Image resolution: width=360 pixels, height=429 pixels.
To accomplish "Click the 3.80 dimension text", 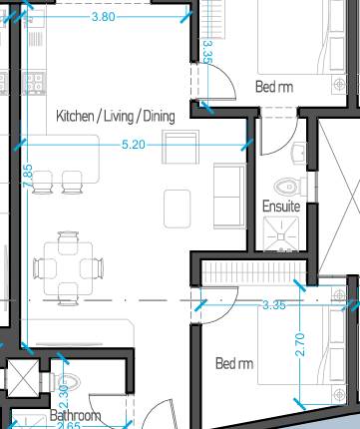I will pos(103,17).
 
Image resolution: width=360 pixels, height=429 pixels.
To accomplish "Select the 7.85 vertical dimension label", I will pos(28,173).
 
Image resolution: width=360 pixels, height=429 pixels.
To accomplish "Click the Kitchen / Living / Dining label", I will pos(116,117).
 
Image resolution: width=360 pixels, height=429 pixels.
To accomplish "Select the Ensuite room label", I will pos(281,207).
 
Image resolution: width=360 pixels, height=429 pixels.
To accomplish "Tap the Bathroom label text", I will pos(76,415).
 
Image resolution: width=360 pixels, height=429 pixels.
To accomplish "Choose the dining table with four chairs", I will pos(68,267).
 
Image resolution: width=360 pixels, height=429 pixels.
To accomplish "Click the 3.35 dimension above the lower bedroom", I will pos(274,304).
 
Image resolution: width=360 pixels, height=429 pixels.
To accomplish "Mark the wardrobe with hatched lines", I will pos(249,269).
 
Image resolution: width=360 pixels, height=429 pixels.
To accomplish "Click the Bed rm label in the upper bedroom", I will pos(274,87).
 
